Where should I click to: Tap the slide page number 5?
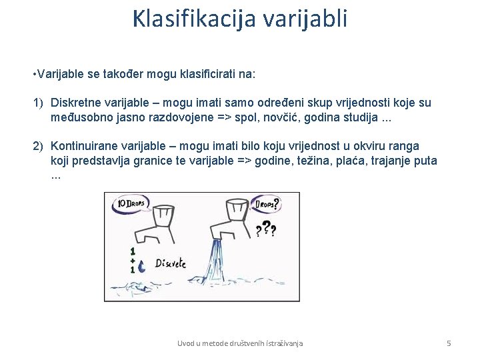pyautogui.click(x=449, y=343)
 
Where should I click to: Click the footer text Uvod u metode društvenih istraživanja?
pyautogui.click(x=240, y=343)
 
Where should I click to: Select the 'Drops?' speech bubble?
pyautogui.click(x=265, y=203)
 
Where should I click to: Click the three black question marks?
pyautogui.click(x=266, y=230)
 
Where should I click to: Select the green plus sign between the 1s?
pyautogui.click(x=133, y=261)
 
